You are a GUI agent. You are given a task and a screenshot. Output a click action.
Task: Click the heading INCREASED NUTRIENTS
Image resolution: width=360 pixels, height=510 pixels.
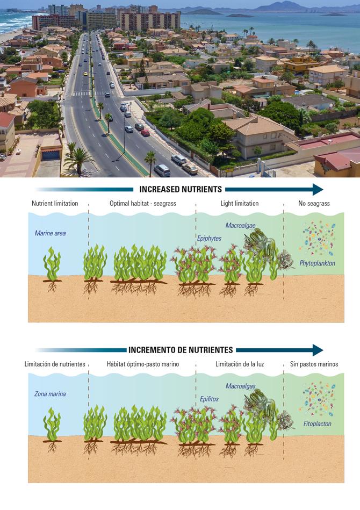point(181,189)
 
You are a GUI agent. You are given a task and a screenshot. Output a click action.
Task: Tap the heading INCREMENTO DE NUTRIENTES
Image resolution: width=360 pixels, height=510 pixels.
point(181,350)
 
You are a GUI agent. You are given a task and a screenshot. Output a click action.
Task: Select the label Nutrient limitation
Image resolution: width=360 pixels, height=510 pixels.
point(55,204)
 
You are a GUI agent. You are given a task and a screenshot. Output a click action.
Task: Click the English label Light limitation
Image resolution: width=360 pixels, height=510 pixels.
point(240,204)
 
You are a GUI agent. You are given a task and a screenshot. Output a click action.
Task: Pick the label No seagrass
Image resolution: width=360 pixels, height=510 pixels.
point(314,204)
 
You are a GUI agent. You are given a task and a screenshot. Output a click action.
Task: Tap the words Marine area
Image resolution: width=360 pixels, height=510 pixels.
point(50,233)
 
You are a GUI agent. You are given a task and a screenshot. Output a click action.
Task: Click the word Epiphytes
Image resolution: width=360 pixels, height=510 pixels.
point(209,238)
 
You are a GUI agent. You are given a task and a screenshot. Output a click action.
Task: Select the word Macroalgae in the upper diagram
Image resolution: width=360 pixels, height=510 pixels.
point(241,225)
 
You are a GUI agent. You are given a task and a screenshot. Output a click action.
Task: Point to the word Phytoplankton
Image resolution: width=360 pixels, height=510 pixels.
point(318,263)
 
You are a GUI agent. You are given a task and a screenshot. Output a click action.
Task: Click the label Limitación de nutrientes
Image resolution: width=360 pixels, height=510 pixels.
point(55,364)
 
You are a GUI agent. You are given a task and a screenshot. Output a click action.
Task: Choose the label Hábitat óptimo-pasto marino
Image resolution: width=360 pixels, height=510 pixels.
point(143,364)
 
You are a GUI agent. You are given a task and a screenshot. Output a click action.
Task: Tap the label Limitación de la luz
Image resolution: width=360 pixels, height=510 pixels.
point(240,364)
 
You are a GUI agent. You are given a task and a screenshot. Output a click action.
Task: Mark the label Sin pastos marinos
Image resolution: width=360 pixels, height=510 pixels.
point(314,364)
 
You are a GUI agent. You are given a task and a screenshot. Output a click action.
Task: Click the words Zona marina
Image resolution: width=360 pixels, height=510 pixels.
point(50,394)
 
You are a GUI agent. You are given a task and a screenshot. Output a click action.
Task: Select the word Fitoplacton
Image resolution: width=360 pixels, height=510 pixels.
point(317,423)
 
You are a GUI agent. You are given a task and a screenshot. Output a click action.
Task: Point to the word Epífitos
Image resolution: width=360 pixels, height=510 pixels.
point(209,399)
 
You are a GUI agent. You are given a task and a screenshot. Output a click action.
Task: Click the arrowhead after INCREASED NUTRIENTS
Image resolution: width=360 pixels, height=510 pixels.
point(317,189)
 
